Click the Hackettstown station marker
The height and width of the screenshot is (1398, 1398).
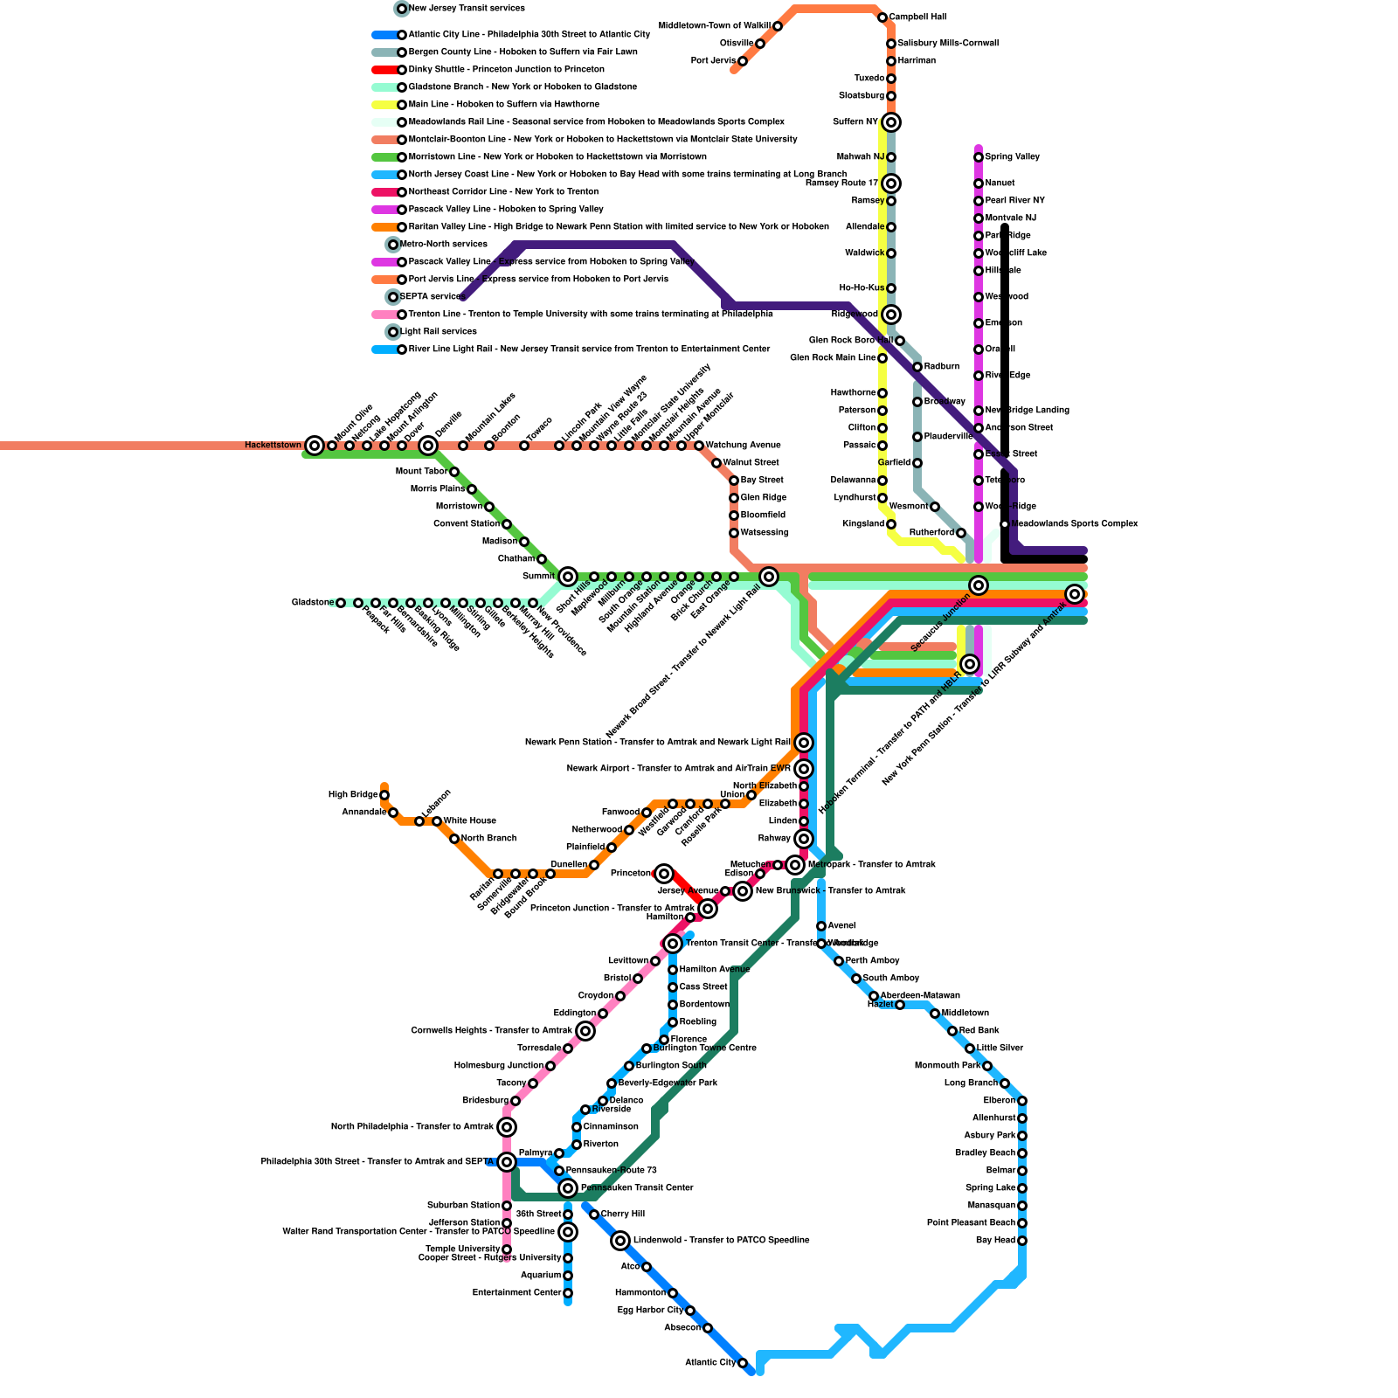(315, 446)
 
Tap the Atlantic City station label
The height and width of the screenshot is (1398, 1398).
(710, 1363)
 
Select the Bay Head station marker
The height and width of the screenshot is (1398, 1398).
(1022, 1241)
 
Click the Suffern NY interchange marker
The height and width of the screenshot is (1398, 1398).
(890, 122)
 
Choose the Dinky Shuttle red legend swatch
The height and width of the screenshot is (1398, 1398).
(384, 70)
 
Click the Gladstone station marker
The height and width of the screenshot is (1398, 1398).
(341, 603)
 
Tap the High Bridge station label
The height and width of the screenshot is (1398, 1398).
(353, 795)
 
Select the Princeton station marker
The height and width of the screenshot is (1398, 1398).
(664, 874)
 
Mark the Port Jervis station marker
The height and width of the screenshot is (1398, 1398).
(743, 61)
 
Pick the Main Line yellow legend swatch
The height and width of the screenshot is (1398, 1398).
(384, 105)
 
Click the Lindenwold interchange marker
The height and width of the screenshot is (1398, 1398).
(620, 1241)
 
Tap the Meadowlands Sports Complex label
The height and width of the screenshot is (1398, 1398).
(1074, 524)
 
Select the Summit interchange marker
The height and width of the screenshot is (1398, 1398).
(568, 577)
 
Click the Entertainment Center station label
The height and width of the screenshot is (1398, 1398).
(516, 1293)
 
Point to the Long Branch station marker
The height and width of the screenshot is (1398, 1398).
(1005, 1083)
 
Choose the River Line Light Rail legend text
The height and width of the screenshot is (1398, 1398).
(589, 349)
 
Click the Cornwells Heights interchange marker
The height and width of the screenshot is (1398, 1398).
(585, 1031)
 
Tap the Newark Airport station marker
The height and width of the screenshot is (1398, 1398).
(804, 769)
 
